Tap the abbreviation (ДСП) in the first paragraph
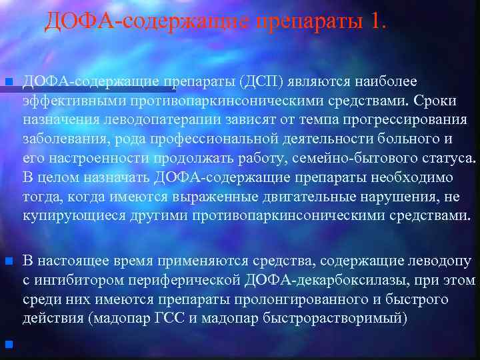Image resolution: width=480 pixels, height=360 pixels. (x=263, y=81)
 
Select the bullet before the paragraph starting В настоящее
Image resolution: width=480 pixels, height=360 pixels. (x=9, y=261)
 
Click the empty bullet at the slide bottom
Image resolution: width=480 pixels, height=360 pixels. (x=9, y=345)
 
